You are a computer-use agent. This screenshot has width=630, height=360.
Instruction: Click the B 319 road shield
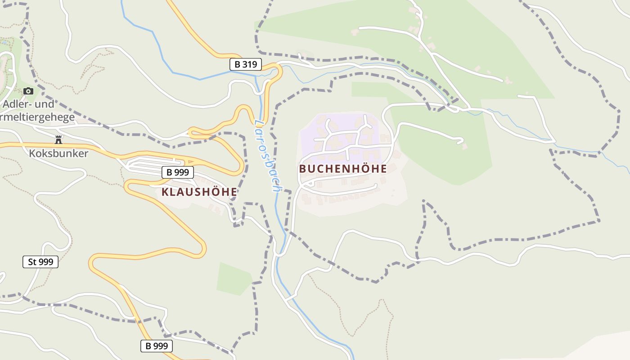pos(245,64)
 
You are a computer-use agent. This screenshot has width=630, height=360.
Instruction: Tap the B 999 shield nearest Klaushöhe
pos(177,172)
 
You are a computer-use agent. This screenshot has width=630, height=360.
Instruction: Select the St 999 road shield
pos(40,261)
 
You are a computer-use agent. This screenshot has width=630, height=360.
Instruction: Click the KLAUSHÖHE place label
pos(199,192)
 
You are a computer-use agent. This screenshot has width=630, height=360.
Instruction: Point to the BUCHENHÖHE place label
pos(343,169)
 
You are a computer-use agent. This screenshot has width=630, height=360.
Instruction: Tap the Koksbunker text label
pos(58,153)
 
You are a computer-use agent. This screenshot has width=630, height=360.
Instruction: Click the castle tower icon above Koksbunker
pos(58,139)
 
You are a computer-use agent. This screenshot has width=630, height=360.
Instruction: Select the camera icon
pos(28,91)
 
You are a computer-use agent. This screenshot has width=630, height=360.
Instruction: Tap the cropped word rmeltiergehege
pos(37,118)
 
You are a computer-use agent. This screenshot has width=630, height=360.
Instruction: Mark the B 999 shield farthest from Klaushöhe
pos(156,346)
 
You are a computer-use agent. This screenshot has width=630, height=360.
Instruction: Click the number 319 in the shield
pos(249,64)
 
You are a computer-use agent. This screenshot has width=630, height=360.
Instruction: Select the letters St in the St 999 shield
pos(32,261)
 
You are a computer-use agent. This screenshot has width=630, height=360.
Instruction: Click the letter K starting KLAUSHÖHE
pos(165,192)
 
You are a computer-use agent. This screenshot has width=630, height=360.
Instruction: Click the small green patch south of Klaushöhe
pos(234,279)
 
